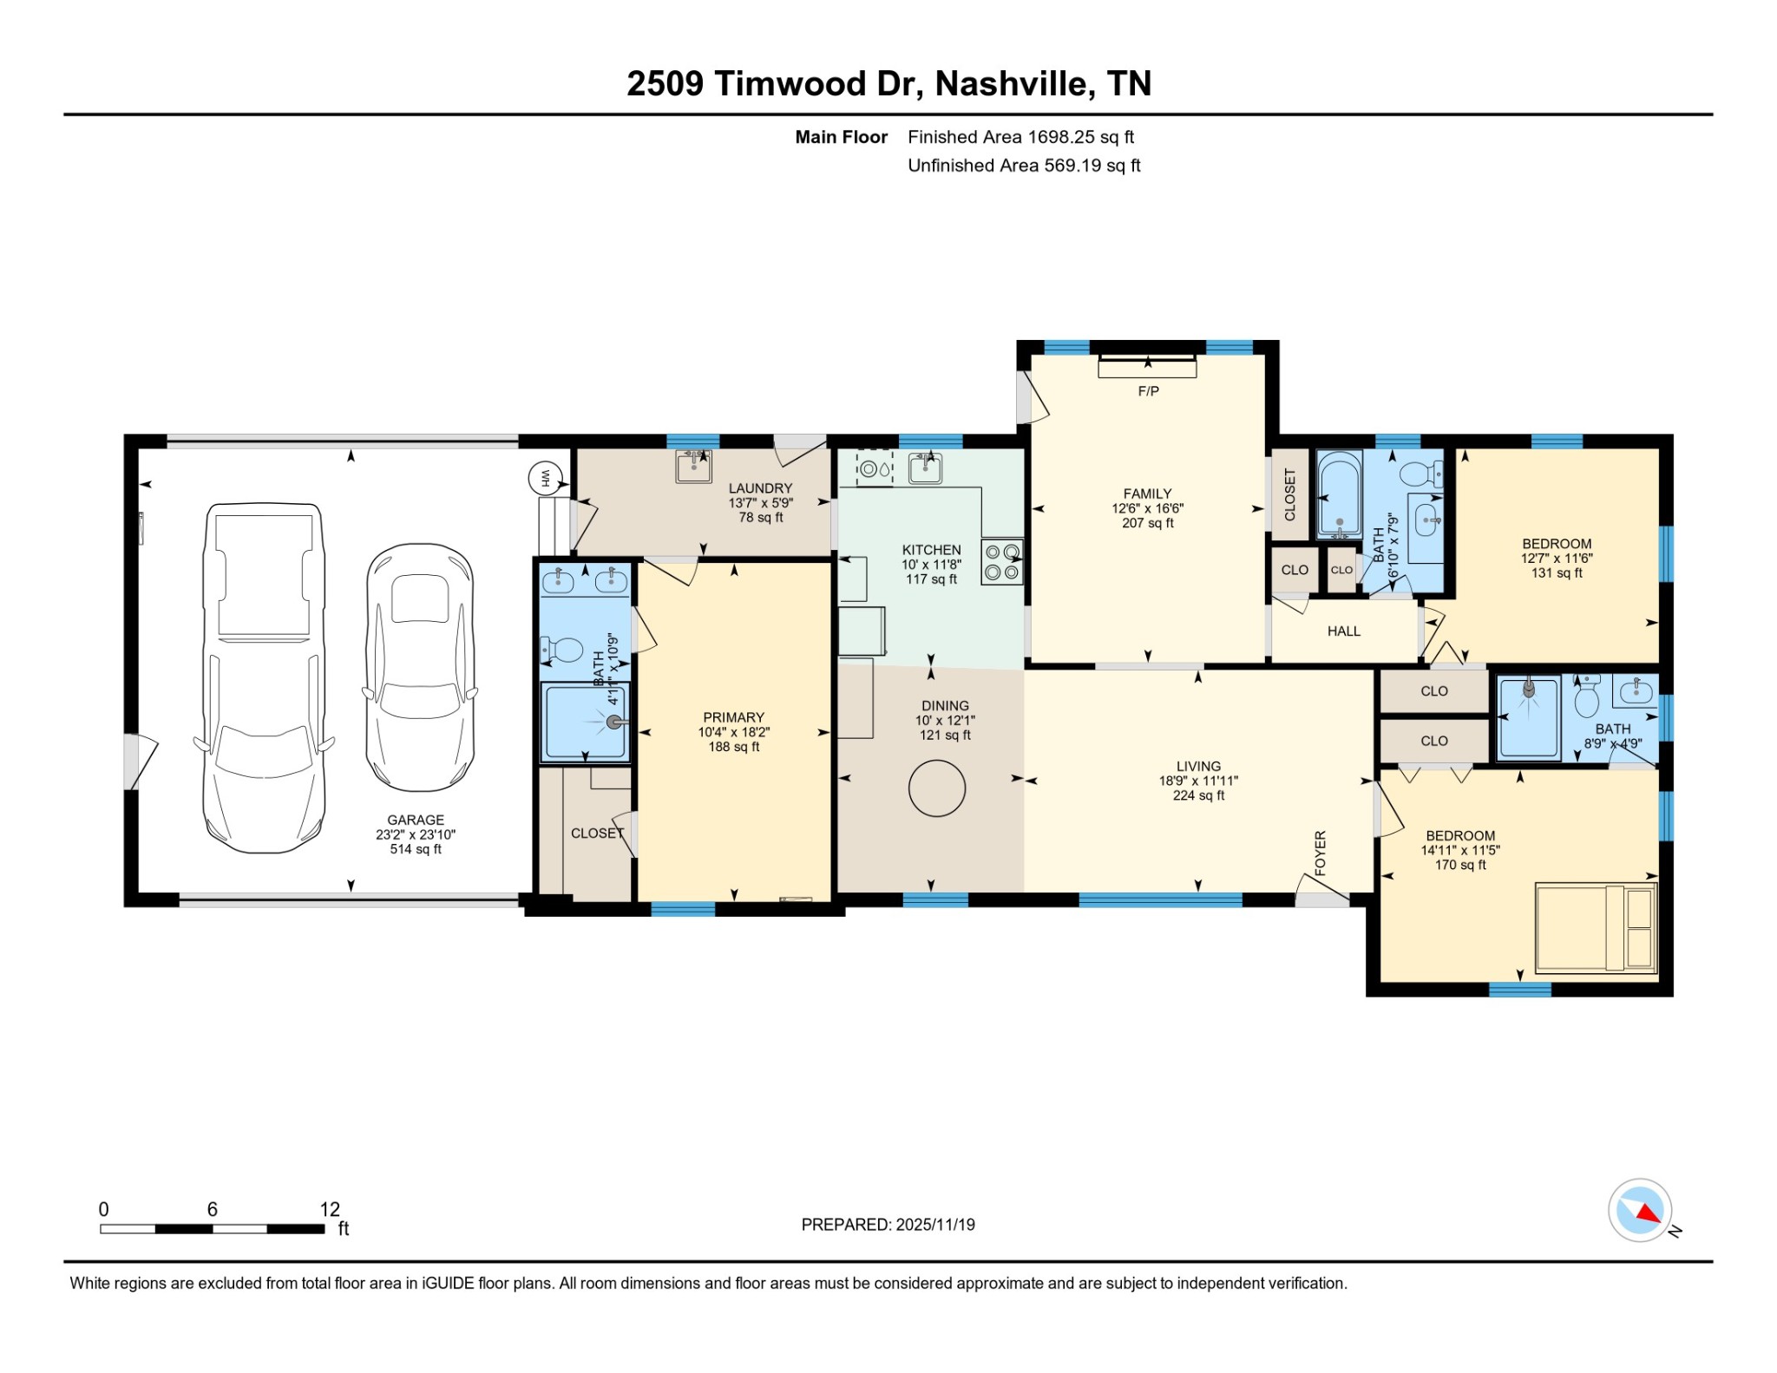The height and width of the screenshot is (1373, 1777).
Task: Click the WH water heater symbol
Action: click(546, 477)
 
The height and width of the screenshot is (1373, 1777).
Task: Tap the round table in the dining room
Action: click(936, 788)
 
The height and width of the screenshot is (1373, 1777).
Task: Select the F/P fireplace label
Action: click(1148, 391)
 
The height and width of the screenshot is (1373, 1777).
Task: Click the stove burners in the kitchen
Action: click(1001, 561)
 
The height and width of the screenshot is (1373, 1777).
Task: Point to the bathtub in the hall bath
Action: click(1339, 497)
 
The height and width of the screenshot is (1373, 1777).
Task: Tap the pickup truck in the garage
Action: click(264, 677)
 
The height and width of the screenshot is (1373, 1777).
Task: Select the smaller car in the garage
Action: click(420, 667)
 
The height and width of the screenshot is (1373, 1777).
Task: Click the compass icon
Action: click(1640, 1210)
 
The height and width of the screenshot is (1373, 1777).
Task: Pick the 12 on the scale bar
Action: click(330, 1209)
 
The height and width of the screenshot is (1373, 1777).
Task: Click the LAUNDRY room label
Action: click(760, 488)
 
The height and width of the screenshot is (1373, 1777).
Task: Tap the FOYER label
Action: click(1321, 853)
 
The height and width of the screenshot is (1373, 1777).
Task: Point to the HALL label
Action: click(1343, 631)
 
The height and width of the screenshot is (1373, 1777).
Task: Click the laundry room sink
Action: click(693, 466)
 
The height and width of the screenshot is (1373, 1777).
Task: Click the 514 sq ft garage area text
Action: click(416, 849)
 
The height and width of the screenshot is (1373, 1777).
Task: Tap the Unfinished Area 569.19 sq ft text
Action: click(1024, 166)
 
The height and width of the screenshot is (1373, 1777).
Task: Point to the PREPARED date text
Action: click(888, 1225)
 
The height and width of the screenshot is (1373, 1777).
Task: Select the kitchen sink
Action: click(926, 468)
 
